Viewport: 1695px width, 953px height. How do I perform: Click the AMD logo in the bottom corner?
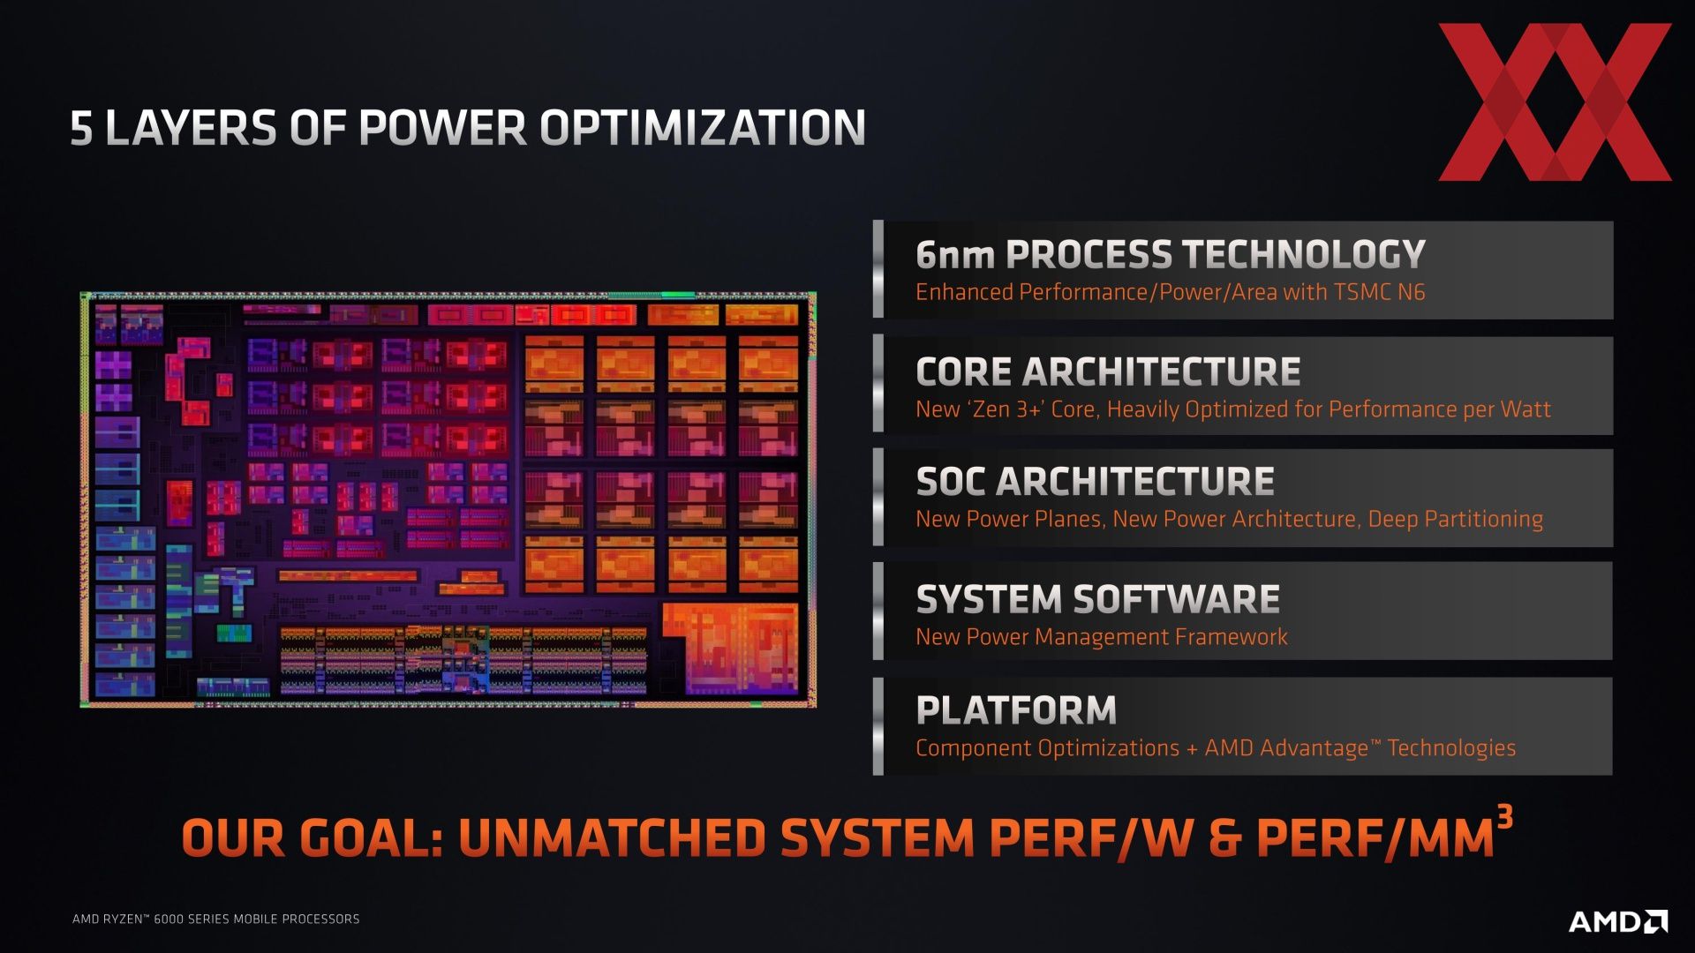(x=1618, y=921)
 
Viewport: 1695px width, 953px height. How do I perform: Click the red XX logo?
(x=1555, y=101)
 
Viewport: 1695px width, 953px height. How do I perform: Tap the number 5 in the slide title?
(x=81, y=129)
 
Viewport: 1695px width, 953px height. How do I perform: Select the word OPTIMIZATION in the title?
(x=703, y=128)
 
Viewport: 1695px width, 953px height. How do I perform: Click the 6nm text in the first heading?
(x=955, y=254)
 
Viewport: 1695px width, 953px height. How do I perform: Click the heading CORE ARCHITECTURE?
(x=1108, y=371)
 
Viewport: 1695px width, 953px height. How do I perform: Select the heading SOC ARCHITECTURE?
(x=1095, y=482)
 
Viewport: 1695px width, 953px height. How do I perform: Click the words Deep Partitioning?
(x=1455, y=519)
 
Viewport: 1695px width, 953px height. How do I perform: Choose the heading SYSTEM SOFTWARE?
(x=1097, y=600)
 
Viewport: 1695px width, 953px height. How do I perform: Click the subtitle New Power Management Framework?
(x=1102, y=636)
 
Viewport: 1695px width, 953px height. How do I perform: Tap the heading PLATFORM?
(x=1016, y=710)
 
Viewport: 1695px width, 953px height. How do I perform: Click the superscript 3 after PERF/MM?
(x=1505, y=817)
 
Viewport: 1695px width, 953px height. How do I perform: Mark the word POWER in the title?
(x=442, y=128)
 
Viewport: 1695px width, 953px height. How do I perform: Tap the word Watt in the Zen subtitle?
(x=1525, y=409)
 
